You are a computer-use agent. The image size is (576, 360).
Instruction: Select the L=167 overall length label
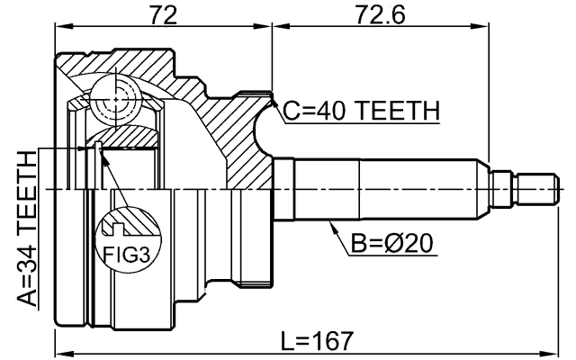[317, 340]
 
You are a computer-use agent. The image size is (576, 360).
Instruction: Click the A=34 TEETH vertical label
[28, 229]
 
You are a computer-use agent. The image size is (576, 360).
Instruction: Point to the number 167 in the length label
[335, 340]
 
